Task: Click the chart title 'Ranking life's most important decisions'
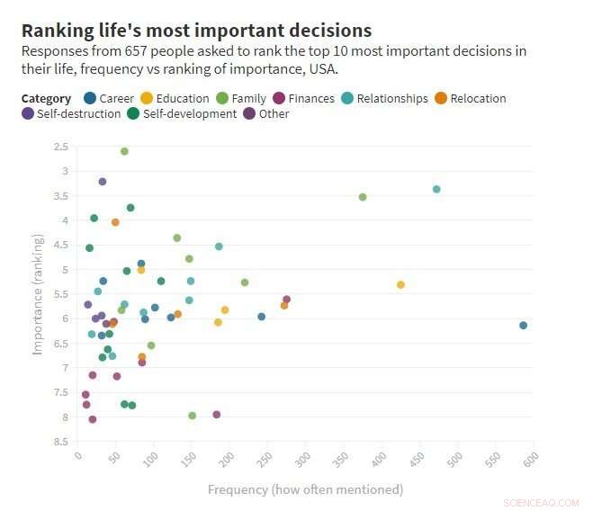tap(196, 31)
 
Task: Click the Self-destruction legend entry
tap(71, 114)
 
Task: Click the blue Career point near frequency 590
tap(523, 326)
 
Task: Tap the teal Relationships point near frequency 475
tap(436, 189)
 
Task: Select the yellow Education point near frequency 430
tap(400, 284)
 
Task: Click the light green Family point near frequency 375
tap(363, 197)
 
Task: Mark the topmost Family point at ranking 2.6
tap(124, 151)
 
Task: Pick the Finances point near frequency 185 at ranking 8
tap(217, 415)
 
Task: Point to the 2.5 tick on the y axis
tap(61, 147)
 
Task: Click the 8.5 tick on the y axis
tap(61, 442)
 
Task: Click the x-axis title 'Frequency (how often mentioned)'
tap(305, 489)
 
